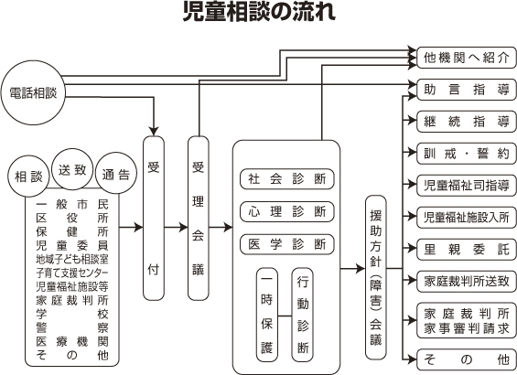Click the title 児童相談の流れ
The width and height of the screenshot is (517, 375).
pos(258,13)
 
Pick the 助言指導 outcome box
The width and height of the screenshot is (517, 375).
pos(463,91)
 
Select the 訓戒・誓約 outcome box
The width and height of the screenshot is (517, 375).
pos(463,152)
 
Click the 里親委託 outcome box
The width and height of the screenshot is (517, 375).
pos(463,248)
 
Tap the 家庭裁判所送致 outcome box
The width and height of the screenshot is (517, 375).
pos(463,279)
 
